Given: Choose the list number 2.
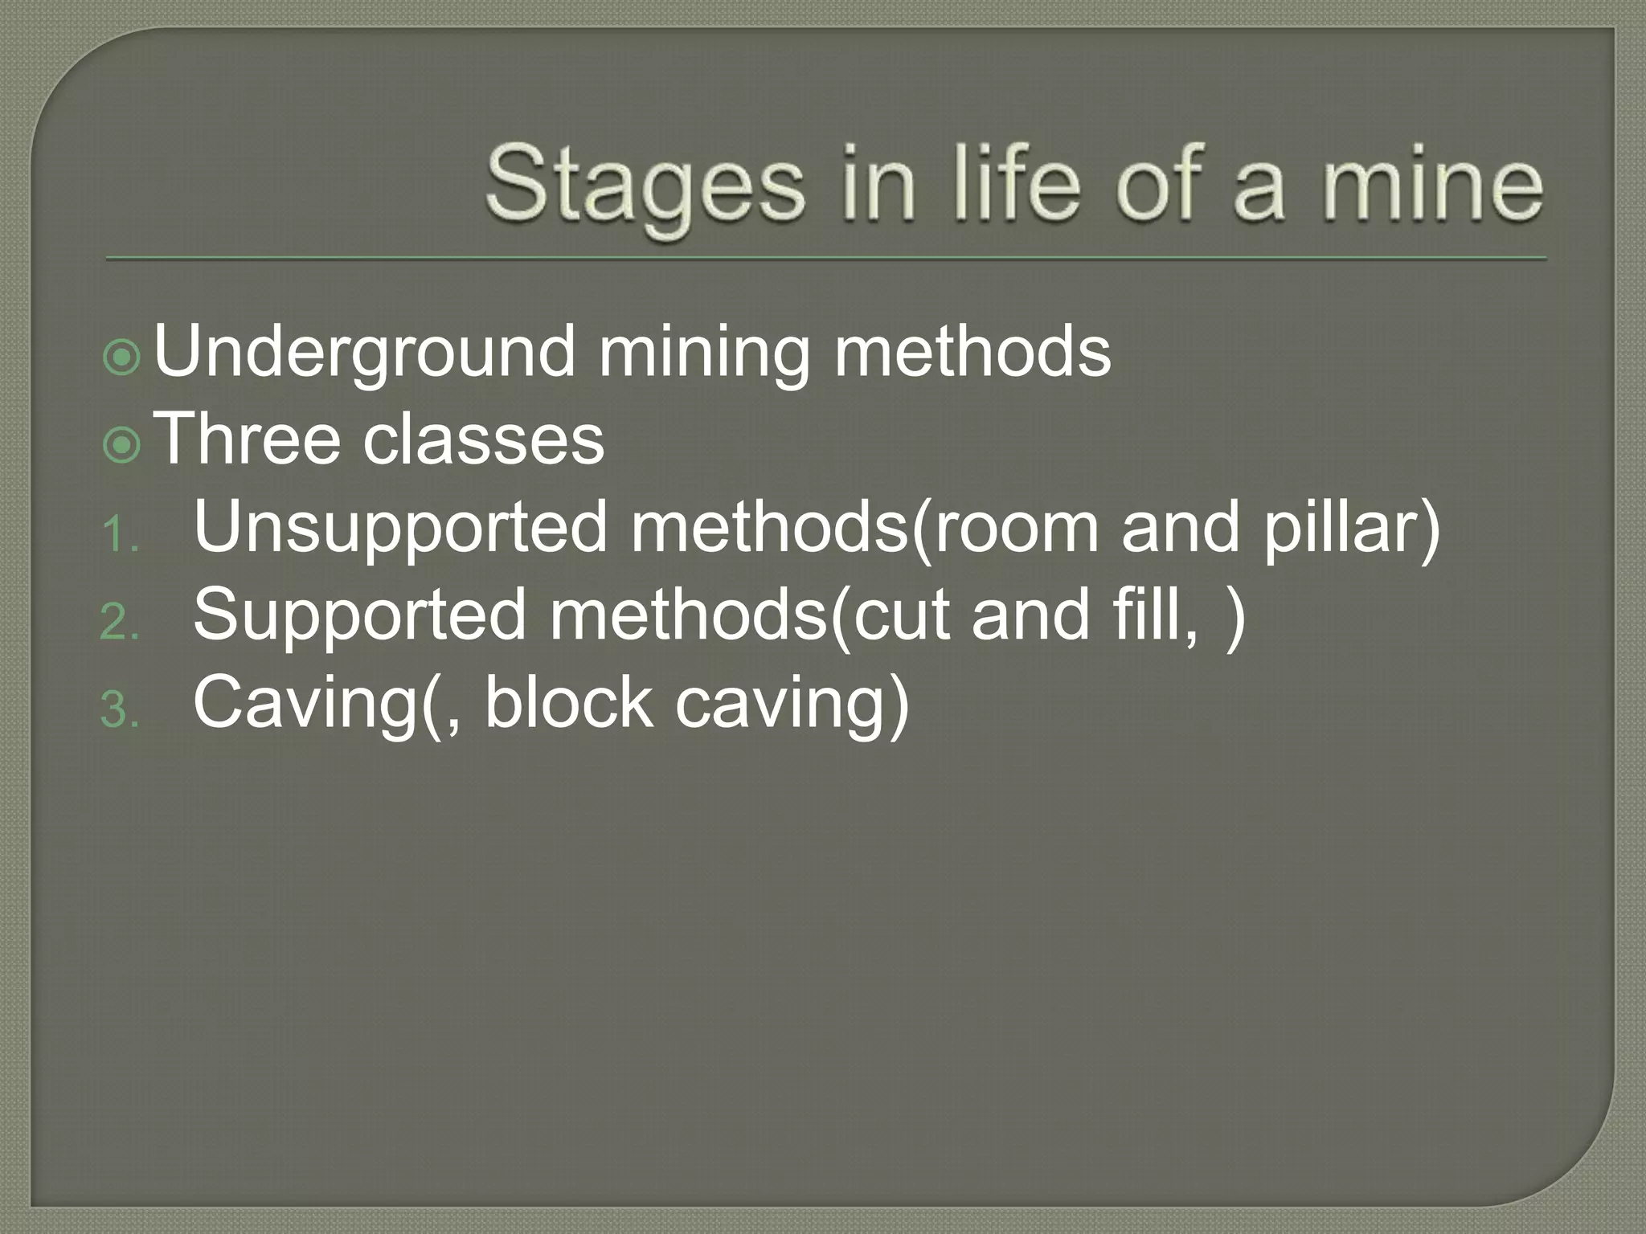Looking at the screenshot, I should click(120, 623).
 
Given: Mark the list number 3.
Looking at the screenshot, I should click(120, 711).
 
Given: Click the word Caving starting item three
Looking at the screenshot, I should click(306, 705).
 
